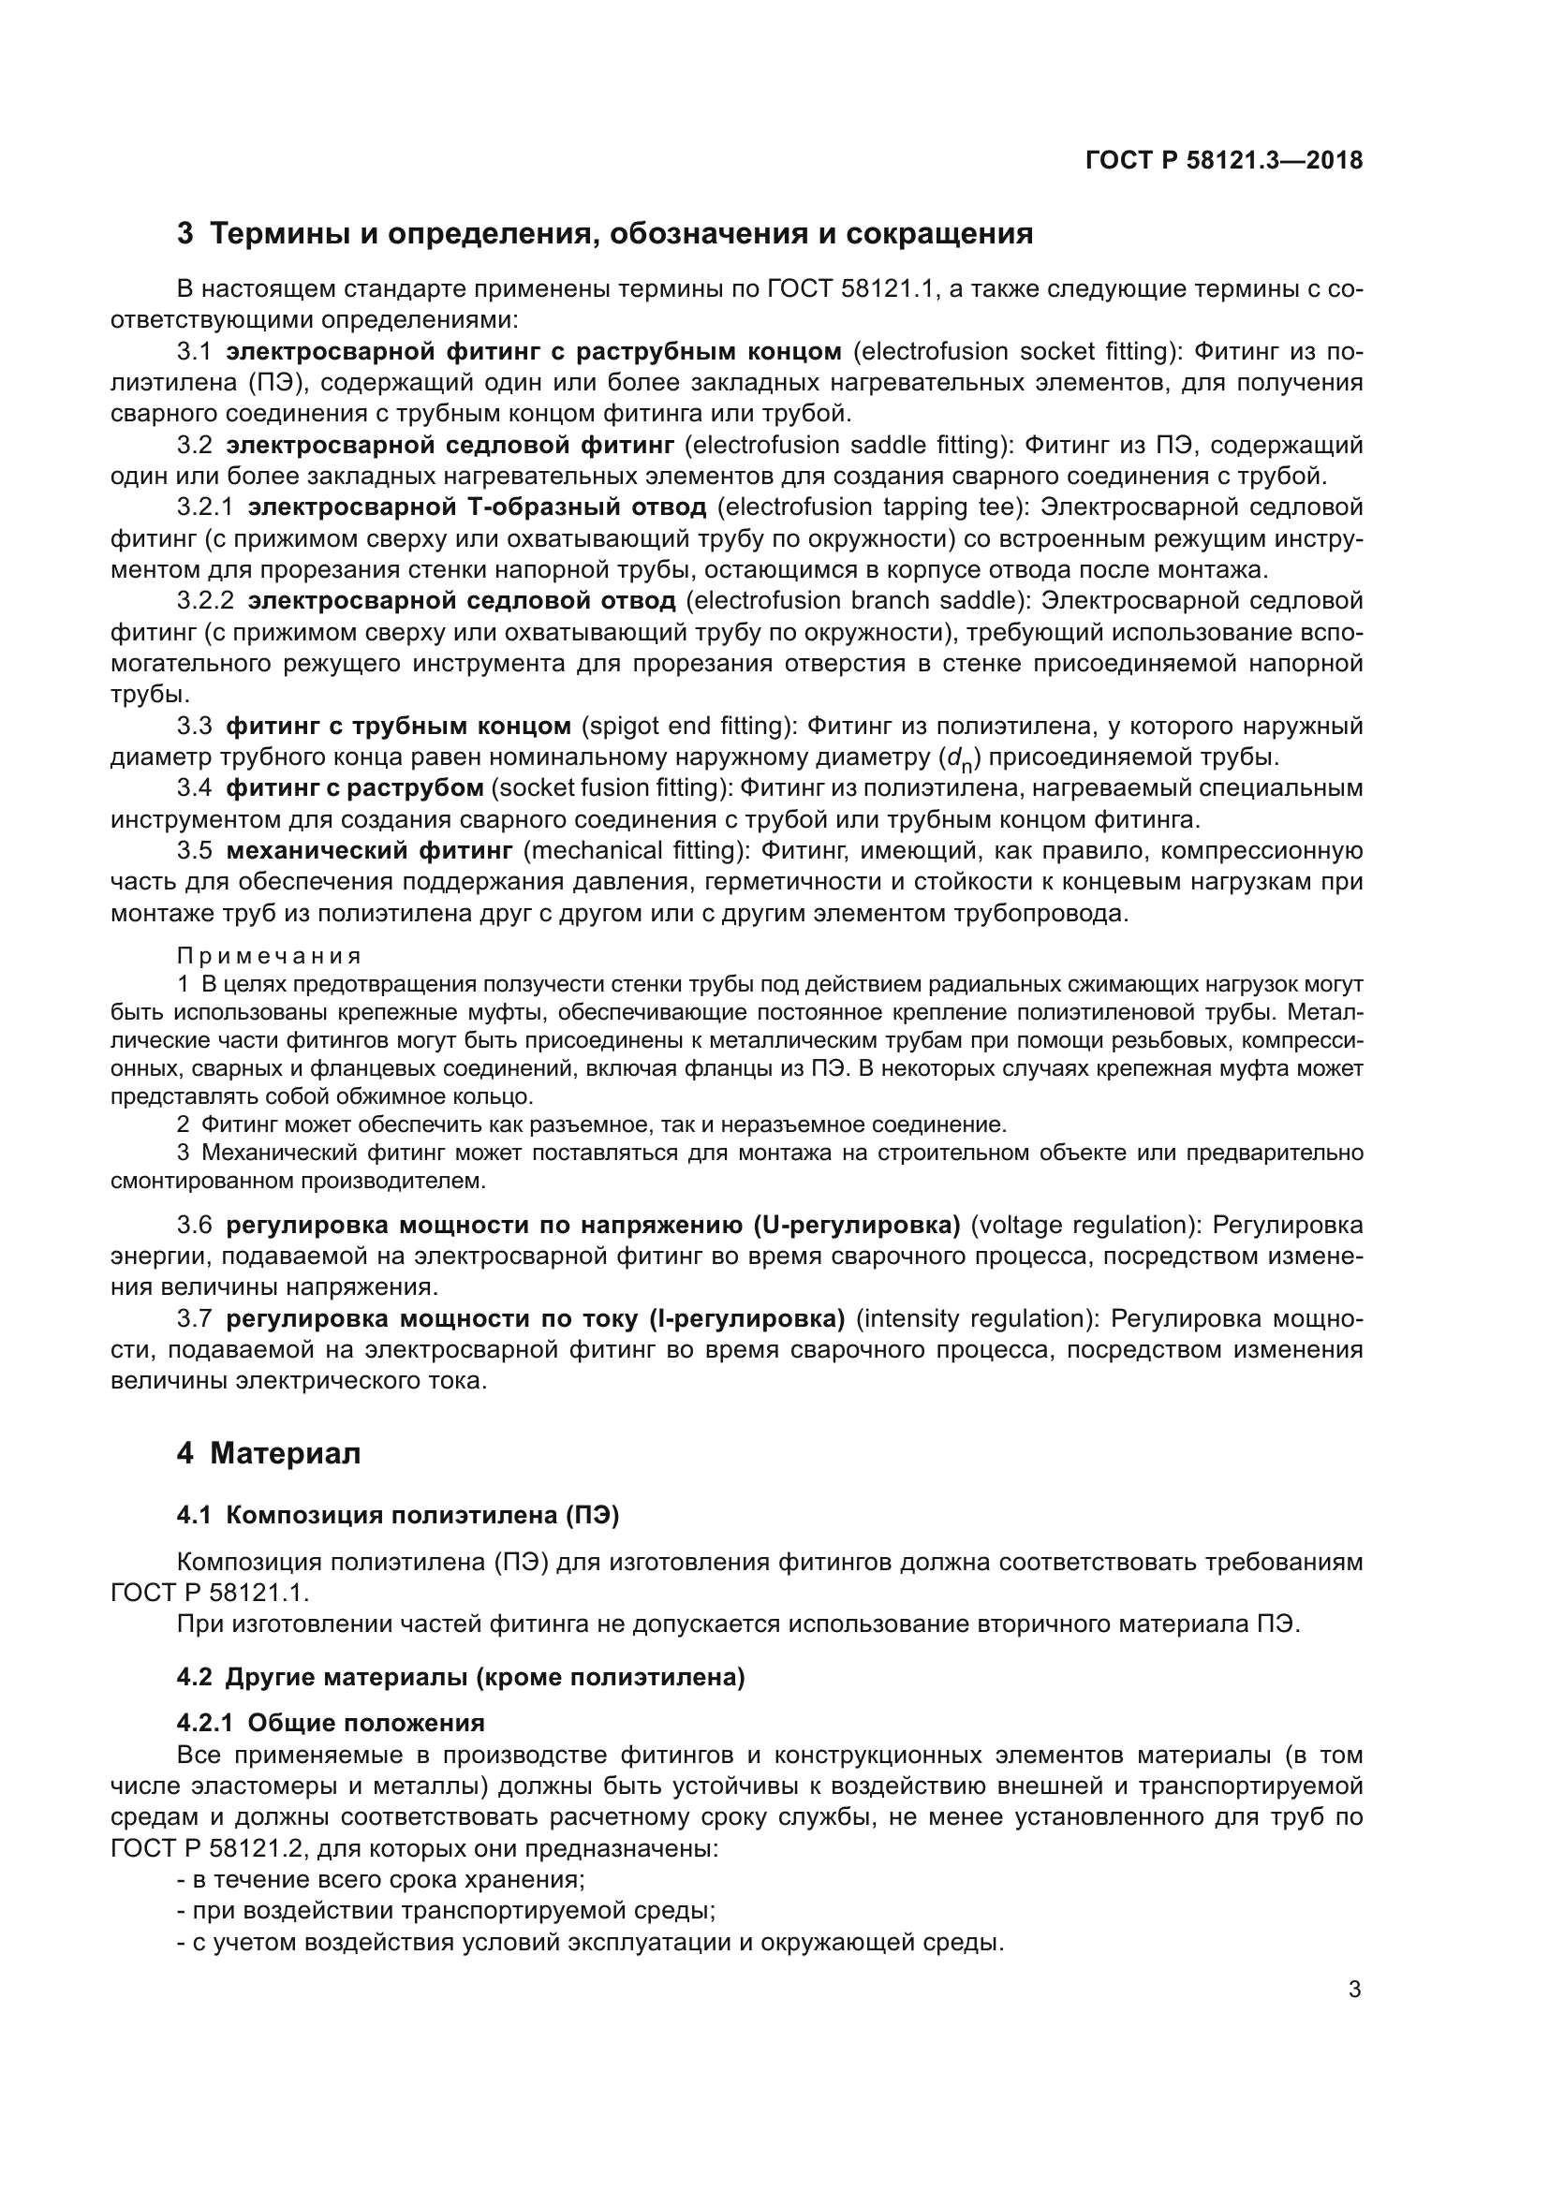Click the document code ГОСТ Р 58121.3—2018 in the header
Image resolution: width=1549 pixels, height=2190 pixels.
coord(1224,160)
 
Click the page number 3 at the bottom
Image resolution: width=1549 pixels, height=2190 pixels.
coord(1354,1990)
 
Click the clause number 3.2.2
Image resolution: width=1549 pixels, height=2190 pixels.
coord(205,601)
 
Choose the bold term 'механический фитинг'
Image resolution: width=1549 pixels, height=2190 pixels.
coord(369,851)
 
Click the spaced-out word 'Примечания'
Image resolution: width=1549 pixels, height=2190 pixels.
coord(269,956)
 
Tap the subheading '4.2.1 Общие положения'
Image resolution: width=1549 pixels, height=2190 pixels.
coord(330,1723)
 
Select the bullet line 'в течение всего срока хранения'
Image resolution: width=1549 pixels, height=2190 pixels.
coord(380,1880)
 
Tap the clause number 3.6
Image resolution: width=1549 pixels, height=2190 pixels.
coord(194,1225)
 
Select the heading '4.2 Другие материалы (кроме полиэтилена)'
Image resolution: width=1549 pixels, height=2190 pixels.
coord(460,1677)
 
